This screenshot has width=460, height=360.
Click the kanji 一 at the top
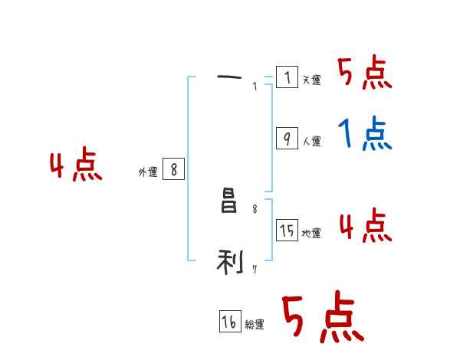pos(229,77)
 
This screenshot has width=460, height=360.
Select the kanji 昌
pos(228,203)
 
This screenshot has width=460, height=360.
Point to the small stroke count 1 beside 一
pos(255,87)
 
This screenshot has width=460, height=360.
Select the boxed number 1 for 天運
pos(287,77)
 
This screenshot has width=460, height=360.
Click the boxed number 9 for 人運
pos(287,138)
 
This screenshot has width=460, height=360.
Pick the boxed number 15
pos(287,231)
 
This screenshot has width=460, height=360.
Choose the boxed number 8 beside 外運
pos(174,169)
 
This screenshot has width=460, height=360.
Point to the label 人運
pos(311,142)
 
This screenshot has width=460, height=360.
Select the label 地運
pos(311,234)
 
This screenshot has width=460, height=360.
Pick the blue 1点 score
pos(364,135)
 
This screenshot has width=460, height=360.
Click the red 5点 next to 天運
pos(364,74)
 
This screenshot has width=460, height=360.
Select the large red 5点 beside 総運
pos(322,317)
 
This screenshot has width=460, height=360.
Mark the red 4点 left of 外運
pos(76,166)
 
